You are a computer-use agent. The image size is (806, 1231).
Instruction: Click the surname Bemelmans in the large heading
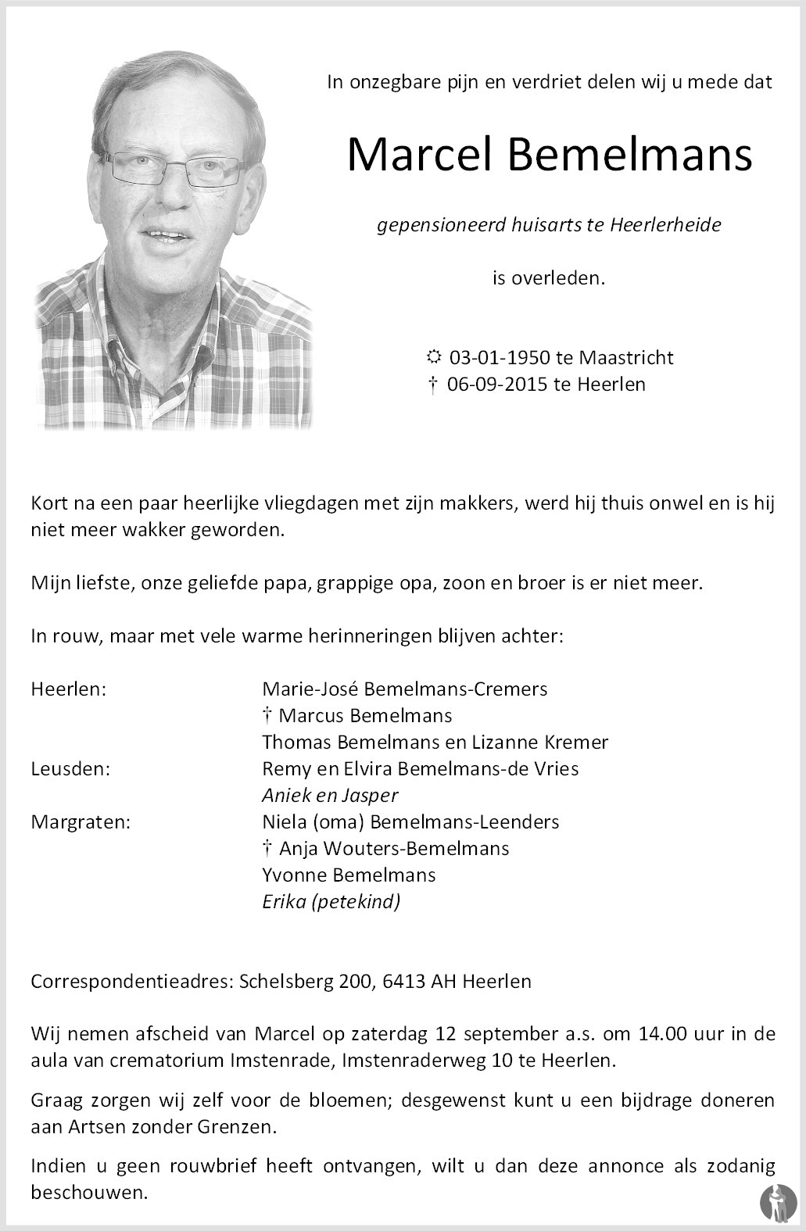(x=629, y=155)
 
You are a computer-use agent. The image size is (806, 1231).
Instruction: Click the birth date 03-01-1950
(x=500, y=358)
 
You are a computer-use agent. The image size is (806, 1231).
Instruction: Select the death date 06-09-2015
(x=497, y=385)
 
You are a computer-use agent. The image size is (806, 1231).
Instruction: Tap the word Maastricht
(x=625, y=358)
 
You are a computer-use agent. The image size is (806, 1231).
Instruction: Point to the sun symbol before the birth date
(x=433, y=358)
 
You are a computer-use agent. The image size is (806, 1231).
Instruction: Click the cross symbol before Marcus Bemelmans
(x=267, y=715)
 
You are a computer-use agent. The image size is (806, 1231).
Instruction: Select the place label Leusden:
(x=70, y=768)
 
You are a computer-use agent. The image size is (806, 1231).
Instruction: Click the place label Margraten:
(x=81, y=821)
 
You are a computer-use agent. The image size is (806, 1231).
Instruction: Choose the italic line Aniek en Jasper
(x=330, y=796)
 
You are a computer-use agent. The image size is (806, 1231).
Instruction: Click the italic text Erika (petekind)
(x=331, y=902)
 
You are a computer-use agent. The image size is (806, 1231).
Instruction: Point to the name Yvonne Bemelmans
(x=349, y=875)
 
